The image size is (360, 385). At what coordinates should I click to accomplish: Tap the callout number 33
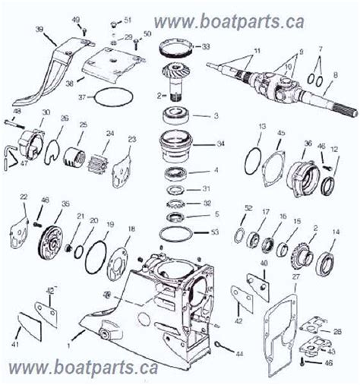pyautogui.click(x=207, y=47)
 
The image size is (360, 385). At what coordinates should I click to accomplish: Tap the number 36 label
pyautogui.click(x=308, y=142)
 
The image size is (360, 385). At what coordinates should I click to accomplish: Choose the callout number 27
pyautogui.click(x=298, y=279)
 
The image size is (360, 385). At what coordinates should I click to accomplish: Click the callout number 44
pyautogui.click(x=241, y=355)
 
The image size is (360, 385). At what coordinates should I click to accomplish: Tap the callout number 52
pyautogui.click(x=248, y=208)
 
